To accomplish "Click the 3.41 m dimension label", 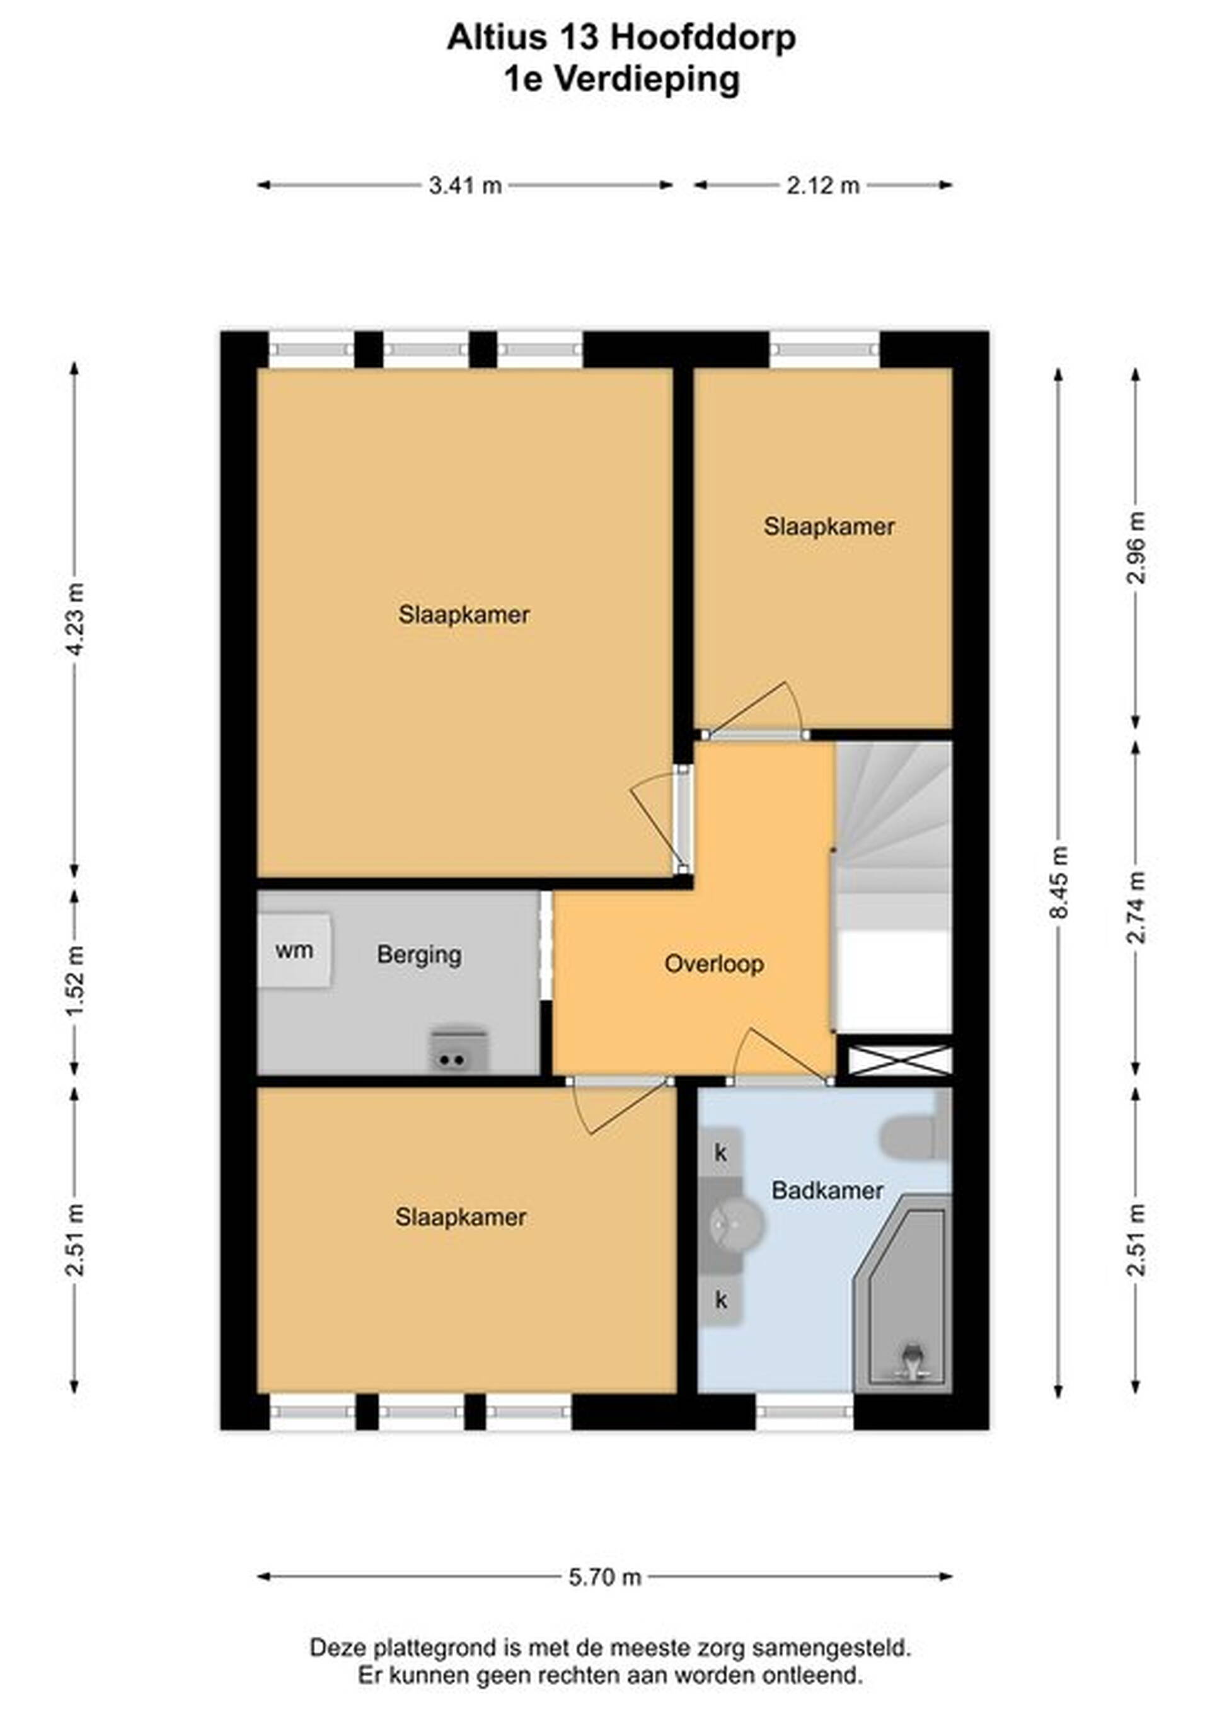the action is [x=465, y=185].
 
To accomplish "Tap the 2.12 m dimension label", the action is [x=823, y=185].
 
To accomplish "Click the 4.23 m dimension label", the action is [x=74, y=618].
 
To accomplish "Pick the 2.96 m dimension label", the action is [x=1136, y=546].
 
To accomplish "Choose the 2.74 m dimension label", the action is [x=1136, y=907].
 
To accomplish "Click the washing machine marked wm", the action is [x=295, y=950].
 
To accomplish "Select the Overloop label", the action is [x=714, y=964].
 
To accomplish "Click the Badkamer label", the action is [x=827, y=1190].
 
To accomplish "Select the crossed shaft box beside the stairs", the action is [x=899, y=1061].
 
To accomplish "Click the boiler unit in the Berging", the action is [x=459, y=1050].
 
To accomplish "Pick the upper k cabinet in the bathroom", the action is [x=720, y=1153].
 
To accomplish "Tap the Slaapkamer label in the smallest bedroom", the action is [x=829, y=527].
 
